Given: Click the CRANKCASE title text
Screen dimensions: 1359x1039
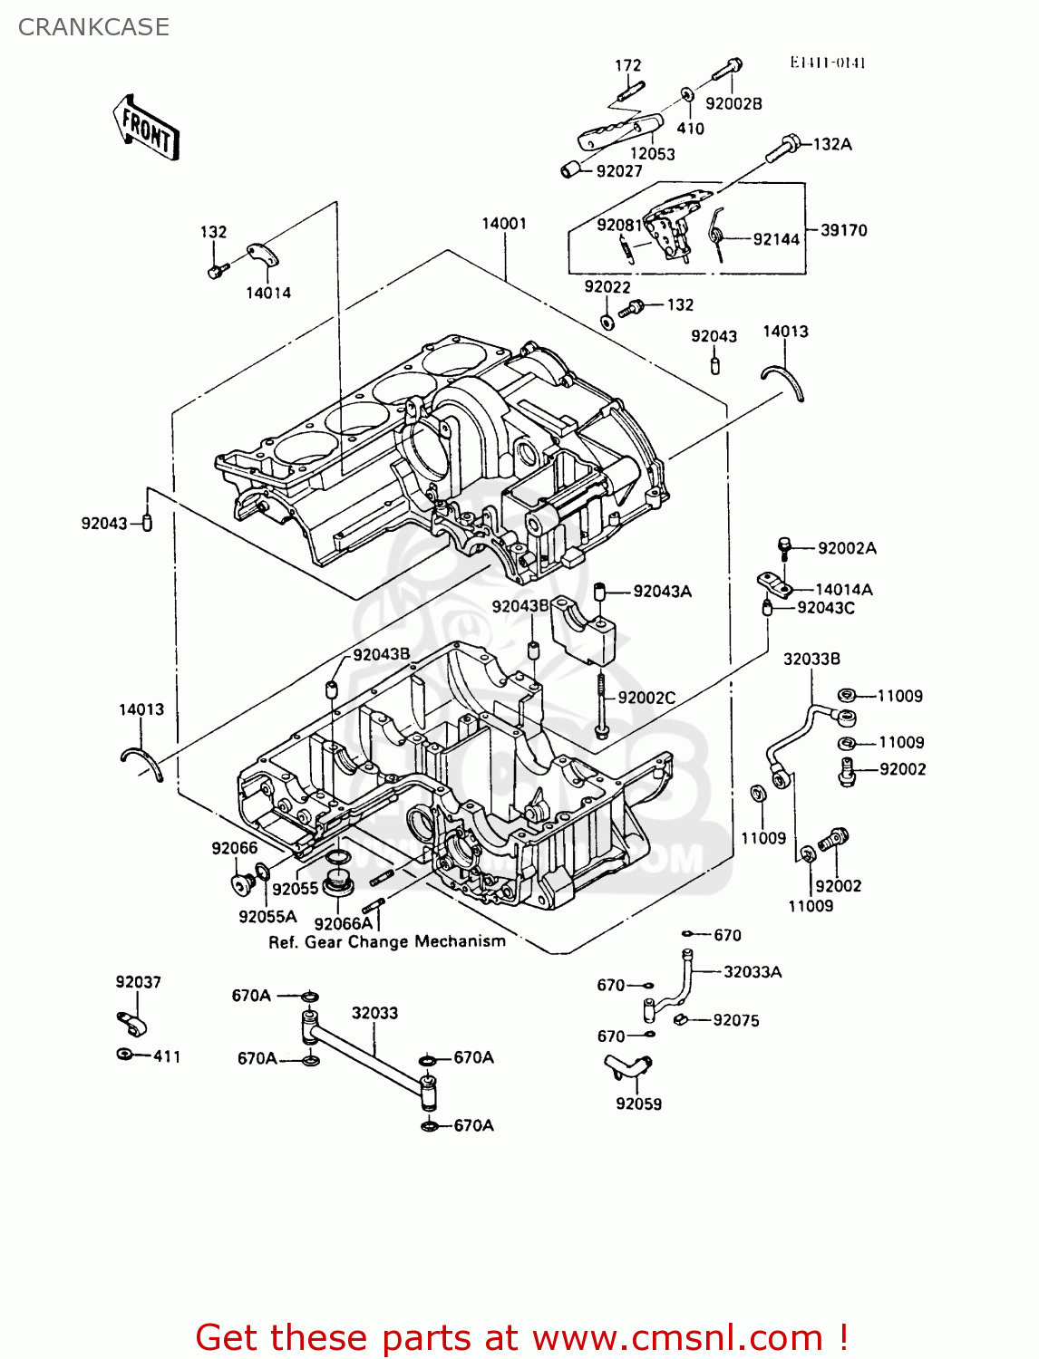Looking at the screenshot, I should tap(93, 27).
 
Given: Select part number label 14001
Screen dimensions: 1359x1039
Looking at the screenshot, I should tap(503, 224).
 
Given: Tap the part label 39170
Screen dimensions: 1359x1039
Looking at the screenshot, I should tap(843, 230).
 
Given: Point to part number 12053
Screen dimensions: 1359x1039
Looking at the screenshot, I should tap(653, 154).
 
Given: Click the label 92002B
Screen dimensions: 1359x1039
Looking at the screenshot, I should tap(733, 103).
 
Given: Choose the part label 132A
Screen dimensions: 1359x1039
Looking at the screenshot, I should tap(832, 144).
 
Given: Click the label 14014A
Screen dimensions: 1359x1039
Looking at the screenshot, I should tap(843, 589).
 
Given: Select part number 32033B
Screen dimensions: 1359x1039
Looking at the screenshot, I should tap(811, 659).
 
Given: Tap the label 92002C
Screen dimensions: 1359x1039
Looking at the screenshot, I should tap(646, 698).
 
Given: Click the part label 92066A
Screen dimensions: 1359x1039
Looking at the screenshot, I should tap(343, 923).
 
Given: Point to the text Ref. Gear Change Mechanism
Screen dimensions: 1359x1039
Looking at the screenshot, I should tap(387, 942).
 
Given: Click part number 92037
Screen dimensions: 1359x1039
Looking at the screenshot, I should tap(138, 982).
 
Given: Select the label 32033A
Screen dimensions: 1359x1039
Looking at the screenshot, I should tap(753, 972).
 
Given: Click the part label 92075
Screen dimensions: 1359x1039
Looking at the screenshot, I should tap(735, 1020).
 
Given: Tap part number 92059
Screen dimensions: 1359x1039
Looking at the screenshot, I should tap(638, 1104).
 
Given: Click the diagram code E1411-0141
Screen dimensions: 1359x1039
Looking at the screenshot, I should tap(827, 63).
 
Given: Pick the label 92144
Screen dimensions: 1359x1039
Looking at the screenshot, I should tap(776, 239).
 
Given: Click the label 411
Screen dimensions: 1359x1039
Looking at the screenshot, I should tap(167, 1056).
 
